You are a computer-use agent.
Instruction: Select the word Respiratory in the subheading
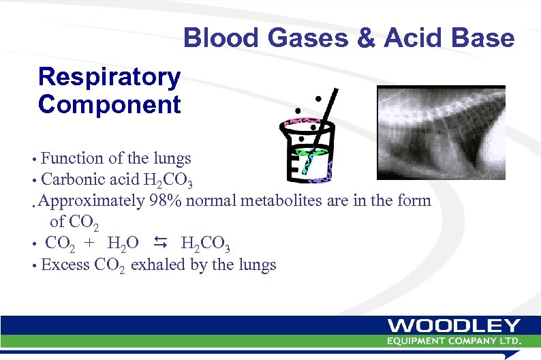coord(110,77)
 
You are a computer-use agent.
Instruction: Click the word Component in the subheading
coord(110,105)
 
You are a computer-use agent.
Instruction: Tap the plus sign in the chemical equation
coord(89,243)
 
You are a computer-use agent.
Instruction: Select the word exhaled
coord(157,265)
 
